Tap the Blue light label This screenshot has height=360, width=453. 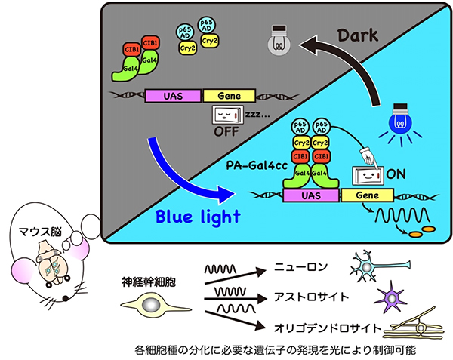(198, 217)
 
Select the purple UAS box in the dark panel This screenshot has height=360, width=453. (173, 97)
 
